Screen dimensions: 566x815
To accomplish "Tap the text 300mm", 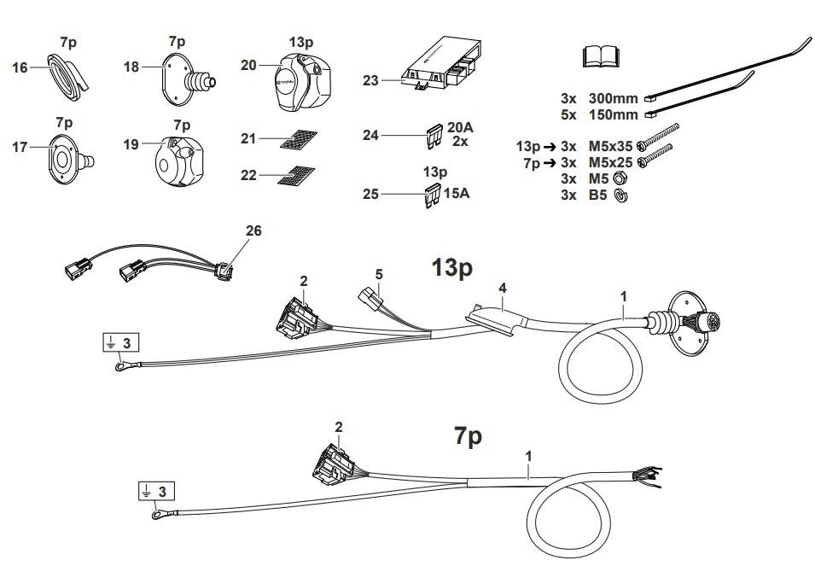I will pos(614,98).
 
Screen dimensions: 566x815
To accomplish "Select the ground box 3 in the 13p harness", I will pos(120,342).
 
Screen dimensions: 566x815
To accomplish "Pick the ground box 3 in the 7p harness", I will pos(157,491).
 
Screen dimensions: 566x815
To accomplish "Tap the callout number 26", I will pos(253,230).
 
